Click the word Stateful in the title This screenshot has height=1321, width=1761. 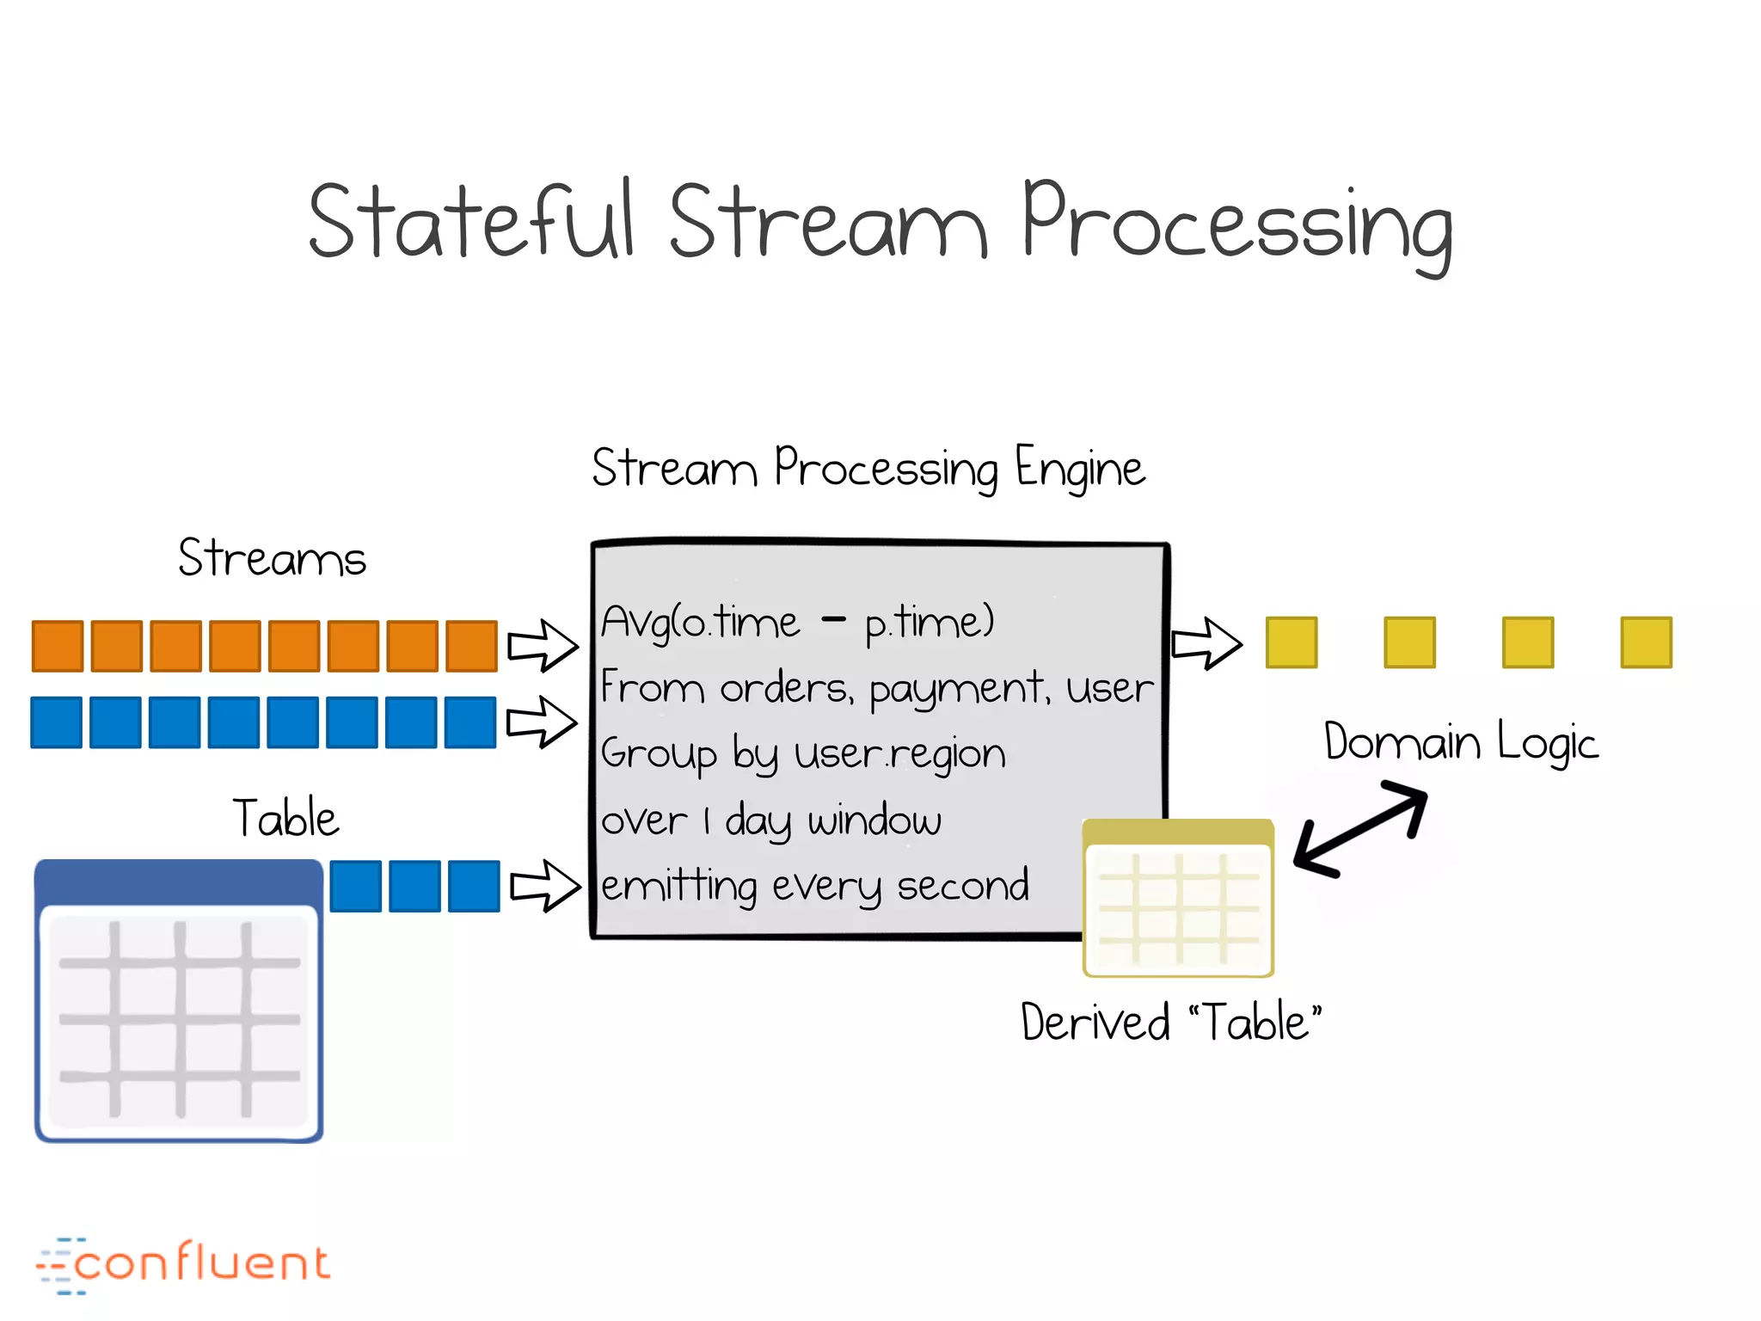coord(471,222)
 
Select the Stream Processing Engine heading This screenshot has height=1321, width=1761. coord(868,469)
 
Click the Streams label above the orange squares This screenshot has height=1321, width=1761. coord(272,558)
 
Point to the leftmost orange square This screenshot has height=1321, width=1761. coord(58,646)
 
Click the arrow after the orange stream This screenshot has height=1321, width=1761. coord(543,646)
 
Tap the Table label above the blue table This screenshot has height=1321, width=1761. coord(286,818)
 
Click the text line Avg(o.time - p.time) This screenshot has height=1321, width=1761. coord(797,622)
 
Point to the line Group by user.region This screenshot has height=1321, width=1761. coord(803,754)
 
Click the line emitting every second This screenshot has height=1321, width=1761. coord(814,886)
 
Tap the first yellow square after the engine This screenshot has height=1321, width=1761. coord(1292,642)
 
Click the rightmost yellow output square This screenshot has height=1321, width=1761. coord(1646,642)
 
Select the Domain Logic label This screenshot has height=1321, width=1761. coord(1461,742)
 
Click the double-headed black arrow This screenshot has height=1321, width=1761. coord(1360,828)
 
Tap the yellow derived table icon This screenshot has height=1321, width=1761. coord(1178,899)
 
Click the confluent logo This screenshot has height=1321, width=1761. coord(183,1264)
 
